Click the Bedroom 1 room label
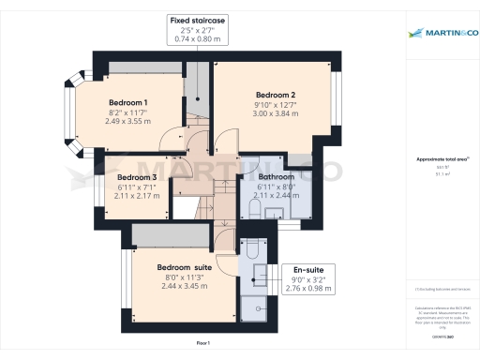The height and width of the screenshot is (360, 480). pos(128,101)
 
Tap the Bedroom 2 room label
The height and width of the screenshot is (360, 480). pos(276,95)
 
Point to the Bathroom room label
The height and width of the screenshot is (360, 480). pos(277,176)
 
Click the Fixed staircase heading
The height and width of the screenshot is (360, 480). pos(197,20)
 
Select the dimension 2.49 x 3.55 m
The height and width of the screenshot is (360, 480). pos(128,121)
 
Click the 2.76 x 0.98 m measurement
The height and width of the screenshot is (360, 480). pos(308,289)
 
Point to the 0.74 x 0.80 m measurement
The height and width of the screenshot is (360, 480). pos(197,39)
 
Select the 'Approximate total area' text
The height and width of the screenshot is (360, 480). pos(441,160)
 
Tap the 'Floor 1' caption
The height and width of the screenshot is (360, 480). pos(202,344)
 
